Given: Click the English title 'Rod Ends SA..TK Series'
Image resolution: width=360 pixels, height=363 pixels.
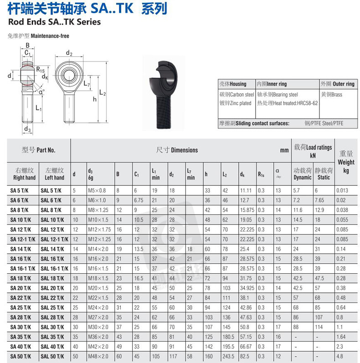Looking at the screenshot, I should click(x=54, y=22).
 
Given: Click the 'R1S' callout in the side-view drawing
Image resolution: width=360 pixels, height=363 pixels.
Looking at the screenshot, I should click(x=40, y=69).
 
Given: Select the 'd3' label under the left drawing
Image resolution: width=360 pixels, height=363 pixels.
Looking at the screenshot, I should click(x=27, y=130).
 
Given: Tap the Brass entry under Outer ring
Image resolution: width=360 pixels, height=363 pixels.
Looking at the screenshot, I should click(x=331, y=95).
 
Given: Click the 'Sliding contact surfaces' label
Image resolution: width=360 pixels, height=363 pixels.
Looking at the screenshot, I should click(x=260, y=123).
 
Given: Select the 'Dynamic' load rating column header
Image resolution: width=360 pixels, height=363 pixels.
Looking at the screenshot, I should click(x=302, y=174).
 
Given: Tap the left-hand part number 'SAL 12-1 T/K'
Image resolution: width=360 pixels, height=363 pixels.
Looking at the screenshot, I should click(x=54, y=239).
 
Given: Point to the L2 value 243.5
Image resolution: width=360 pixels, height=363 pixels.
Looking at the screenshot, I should click(x=228, y=356).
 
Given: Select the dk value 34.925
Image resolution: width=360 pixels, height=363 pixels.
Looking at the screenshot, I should click(x=247, y=288).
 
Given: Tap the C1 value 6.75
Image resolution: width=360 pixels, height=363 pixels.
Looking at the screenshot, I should click(x=139, y=200).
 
